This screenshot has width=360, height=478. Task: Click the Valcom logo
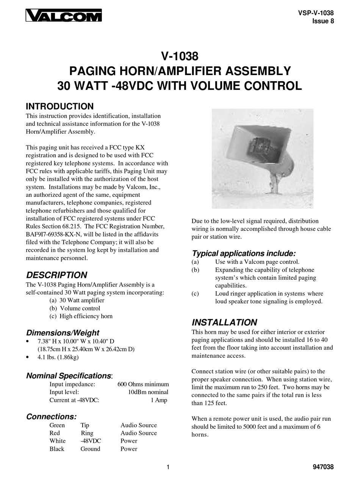coord(64,16)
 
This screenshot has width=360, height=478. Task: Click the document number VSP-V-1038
coord(316,13)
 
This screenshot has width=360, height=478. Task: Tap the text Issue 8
coord(323,21)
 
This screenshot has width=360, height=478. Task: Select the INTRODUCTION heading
coord(59,107)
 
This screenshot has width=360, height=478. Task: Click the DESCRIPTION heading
coord(56,275)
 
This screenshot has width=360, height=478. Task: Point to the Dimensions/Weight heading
coord(63,333)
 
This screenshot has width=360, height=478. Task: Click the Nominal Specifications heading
coord(69,376)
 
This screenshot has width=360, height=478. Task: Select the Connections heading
coord(51,417)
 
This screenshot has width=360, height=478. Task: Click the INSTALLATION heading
coord(224,323)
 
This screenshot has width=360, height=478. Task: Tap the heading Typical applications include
coord(244,253)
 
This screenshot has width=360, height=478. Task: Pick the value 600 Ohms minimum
coord(143,384)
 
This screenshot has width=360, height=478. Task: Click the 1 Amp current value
coord(159,400)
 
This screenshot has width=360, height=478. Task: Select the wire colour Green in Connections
coord(57,425)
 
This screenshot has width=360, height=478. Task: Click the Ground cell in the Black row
coord(90,449)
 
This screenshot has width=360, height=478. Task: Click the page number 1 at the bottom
coord(167,467)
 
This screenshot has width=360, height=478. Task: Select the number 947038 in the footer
coord(322,467)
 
